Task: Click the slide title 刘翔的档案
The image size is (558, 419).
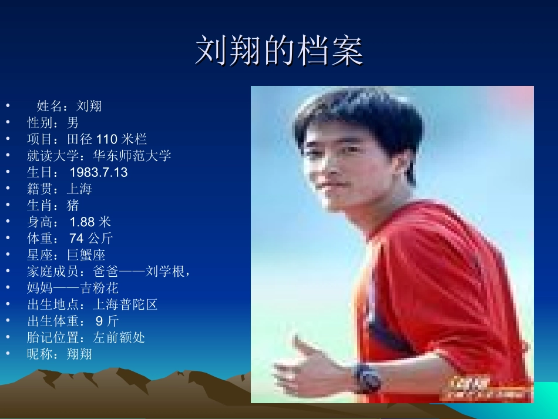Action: (279, 51)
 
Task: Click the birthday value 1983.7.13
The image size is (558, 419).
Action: (98, 172)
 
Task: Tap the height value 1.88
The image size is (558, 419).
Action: (83, 222)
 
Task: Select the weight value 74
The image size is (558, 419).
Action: (76, 238)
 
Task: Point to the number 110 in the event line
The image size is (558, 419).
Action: (107, 139)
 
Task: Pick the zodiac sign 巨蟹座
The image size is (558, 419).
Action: (86, 254)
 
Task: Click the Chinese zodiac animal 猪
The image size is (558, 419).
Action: (73, 205)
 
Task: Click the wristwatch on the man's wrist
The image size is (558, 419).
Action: (367, 378)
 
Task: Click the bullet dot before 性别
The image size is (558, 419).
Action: (8, 123)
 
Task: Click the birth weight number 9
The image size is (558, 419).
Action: (99, 321)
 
